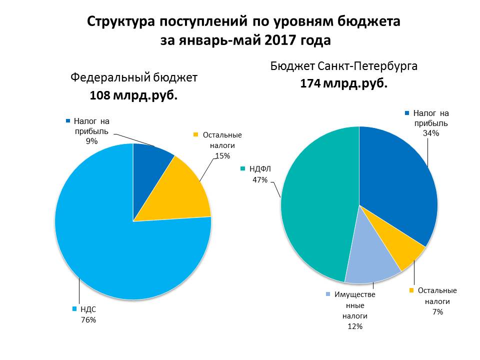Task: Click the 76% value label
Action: point(88,319)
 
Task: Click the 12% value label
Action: point(355,326)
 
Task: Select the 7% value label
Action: point(438,312)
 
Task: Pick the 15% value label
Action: point(222,155)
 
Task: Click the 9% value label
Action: point(91,141)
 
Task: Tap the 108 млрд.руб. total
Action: point(133,95)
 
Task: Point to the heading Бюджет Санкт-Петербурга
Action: point(343,66)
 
